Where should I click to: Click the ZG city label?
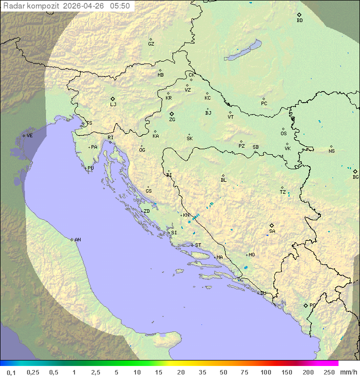pos(172,120)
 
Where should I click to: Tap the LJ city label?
pos(113,105)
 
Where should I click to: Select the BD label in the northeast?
pos(299,21)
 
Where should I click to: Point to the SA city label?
pos(272,231)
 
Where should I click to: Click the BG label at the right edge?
pos(355,177)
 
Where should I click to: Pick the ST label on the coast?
pos(198,245)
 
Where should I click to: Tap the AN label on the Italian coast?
pos(77,240)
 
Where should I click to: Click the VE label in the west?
pos(29,136)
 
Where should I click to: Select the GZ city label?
pos(151,44)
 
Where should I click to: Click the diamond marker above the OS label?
pos(283,129)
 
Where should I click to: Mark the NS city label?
pos(331,151)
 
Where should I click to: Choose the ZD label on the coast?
pos(146,211)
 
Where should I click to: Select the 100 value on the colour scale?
pos(265,372)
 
